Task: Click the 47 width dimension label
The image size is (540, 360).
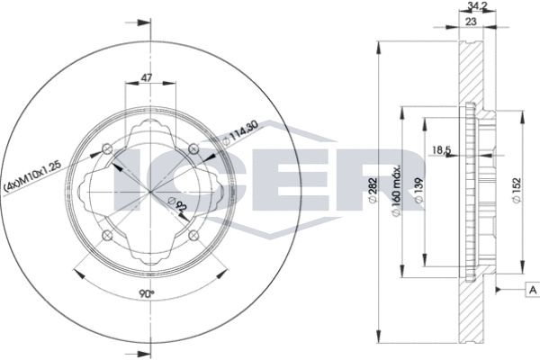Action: pyautogui.click(x=147, y=77)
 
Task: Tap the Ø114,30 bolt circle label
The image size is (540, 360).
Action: pyautogui.click(x=239, y=134)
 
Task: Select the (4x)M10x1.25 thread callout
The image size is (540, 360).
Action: pyautogui.click(x=32, y=176)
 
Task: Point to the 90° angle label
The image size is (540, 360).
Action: pyautogui.click(x=147, y=293)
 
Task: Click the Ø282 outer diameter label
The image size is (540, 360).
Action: pyautogui.click(x=373, y=191)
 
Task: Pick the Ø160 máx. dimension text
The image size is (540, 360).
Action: pyautogui.click(x=396, y=190)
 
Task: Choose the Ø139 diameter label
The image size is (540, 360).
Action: pyautogui.click(x=419, y=190)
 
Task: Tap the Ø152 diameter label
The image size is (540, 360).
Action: pyautogui.click(x=517, y=191)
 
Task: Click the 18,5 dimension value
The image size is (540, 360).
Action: pyautogui.click(x=442, y=149)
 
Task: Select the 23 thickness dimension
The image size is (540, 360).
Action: pyautogui.click(x=471, y=22)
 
